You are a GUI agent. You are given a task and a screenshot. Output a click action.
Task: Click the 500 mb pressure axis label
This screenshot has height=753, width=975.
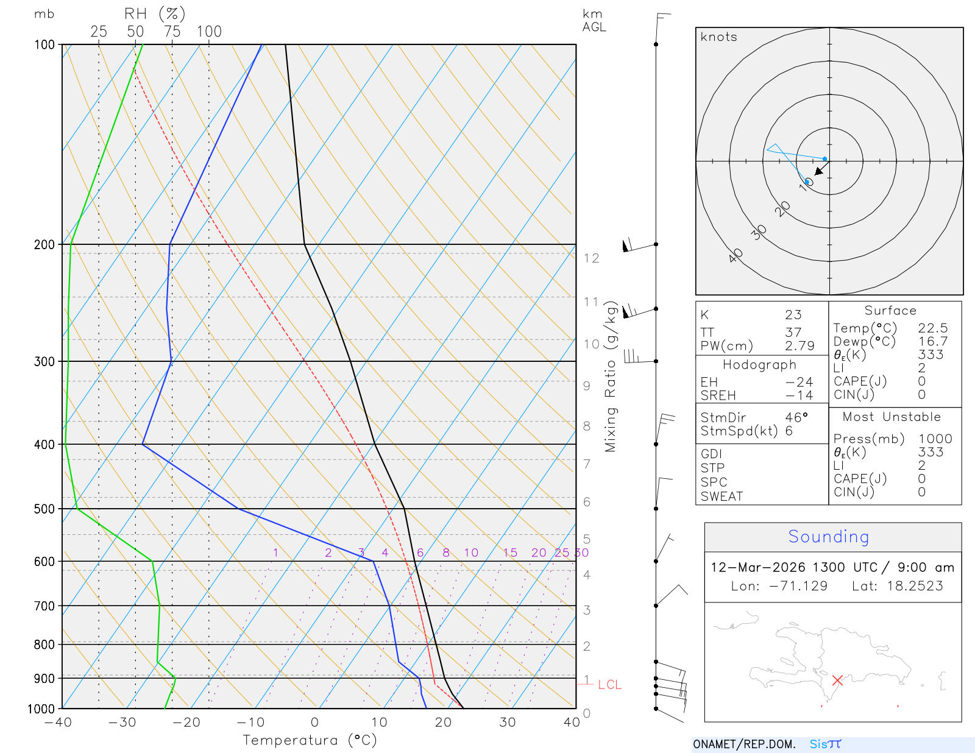[44, 509]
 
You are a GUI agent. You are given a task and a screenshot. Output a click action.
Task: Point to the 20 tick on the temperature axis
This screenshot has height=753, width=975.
[443, 723]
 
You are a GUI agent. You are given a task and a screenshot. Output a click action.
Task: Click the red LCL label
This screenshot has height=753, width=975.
[609, 685]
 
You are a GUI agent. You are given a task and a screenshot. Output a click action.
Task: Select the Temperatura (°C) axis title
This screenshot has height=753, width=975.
[310, 740]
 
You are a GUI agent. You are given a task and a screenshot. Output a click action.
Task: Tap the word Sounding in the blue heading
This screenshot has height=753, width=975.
[828, 537]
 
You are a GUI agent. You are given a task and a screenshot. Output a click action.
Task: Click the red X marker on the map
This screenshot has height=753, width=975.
[837, 680]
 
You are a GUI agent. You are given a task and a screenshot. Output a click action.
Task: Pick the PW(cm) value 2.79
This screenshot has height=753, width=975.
[799, 346]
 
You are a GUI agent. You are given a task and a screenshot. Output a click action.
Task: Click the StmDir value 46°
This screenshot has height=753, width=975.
[796, 417]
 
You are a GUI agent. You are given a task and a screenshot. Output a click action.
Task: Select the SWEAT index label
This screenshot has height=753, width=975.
[721, 497]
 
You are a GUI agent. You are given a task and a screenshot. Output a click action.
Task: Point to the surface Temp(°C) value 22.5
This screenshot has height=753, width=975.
[933, 328]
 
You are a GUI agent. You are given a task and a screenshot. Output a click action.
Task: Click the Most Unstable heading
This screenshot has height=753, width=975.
[892, 417]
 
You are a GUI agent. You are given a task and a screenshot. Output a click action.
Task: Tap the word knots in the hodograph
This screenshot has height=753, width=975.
[718, 37]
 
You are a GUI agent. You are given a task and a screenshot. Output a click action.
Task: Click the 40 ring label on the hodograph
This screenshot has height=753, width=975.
[736, 255]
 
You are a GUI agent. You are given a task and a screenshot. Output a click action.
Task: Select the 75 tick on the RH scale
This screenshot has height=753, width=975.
[172, 32]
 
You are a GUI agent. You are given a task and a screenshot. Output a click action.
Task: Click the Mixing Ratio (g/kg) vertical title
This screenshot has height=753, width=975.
[611, 376]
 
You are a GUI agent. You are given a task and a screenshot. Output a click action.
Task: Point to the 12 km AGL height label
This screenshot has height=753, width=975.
[591, 258]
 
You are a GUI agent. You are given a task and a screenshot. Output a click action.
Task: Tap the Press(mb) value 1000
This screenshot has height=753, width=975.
[935, 439]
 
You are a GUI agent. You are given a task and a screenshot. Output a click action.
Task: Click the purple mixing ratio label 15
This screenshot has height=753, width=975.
[510, 553]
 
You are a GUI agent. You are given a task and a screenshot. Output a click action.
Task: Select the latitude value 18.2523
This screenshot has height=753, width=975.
[915, 586]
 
